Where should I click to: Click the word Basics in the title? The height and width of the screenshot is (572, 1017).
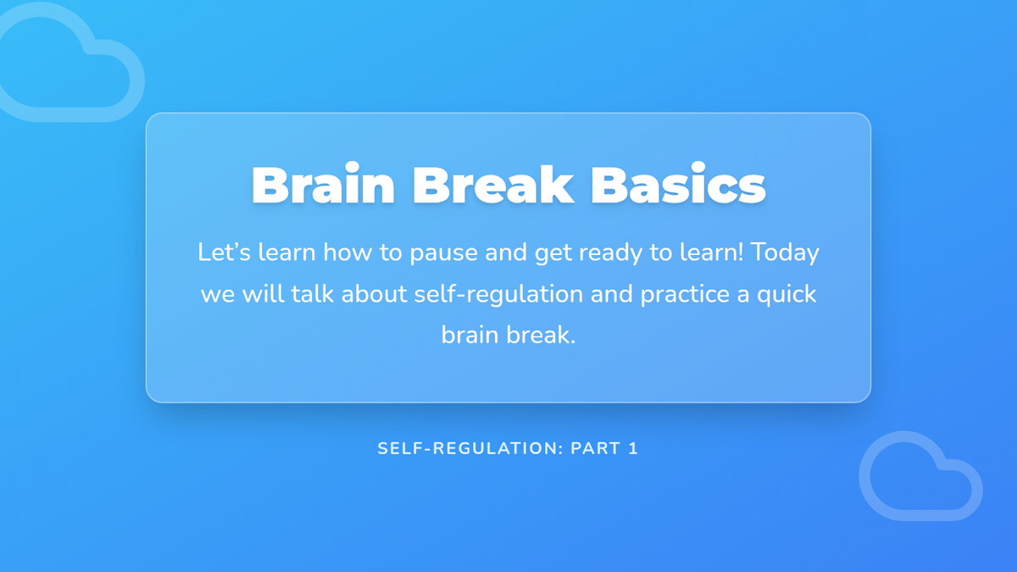point(678,185)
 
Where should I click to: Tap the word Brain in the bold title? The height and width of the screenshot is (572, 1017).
point(323,185)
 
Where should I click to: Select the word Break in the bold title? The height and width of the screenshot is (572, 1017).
point(493,185)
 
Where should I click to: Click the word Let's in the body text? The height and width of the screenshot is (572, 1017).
point(224,252)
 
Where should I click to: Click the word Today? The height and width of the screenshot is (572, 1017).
point(785,253)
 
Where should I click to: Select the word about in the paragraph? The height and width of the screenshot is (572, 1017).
point(374,294)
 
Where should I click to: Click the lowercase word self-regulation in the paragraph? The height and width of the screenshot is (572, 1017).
point(498,295)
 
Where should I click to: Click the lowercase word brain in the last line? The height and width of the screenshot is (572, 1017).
point(470,335)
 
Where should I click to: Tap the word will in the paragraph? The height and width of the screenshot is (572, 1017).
point(263,294)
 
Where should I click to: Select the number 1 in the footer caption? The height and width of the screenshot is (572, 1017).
point(633,448)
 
